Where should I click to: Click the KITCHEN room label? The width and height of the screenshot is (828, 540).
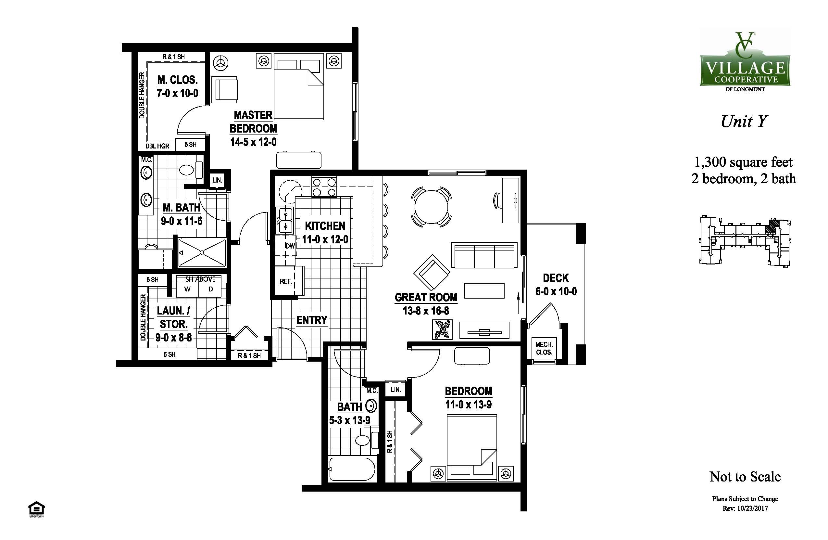tap(325, 226)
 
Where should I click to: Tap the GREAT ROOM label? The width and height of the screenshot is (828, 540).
tap(426, 297)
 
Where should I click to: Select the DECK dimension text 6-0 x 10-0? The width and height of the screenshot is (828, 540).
tap(556, 291)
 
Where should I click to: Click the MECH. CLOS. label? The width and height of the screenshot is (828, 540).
tap(544, 348)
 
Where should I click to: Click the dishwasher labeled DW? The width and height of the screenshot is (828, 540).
tap(286, 246)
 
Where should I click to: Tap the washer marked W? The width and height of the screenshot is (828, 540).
tap(188, 289)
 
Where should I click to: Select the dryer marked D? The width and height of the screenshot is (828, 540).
tap(210, 289)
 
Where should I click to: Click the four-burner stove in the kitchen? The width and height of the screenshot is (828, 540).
tap(324, 187)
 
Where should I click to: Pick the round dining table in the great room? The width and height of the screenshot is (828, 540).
tap(432, 207)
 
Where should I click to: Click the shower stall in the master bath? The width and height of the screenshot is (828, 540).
tap(202, 252)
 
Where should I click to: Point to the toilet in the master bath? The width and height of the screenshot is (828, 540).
tap(191, 170)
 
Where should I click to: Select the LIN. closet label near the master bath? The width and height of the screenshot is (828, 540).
tap(217, 180)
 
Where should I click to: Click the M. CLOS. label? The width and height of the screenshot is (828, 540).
tap(177, 80)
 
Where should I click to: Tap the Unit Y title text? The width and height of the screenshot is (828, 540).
tap(744, 122)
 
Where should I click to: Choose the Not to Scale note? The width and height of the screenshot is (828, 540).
tap(745, 477)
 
